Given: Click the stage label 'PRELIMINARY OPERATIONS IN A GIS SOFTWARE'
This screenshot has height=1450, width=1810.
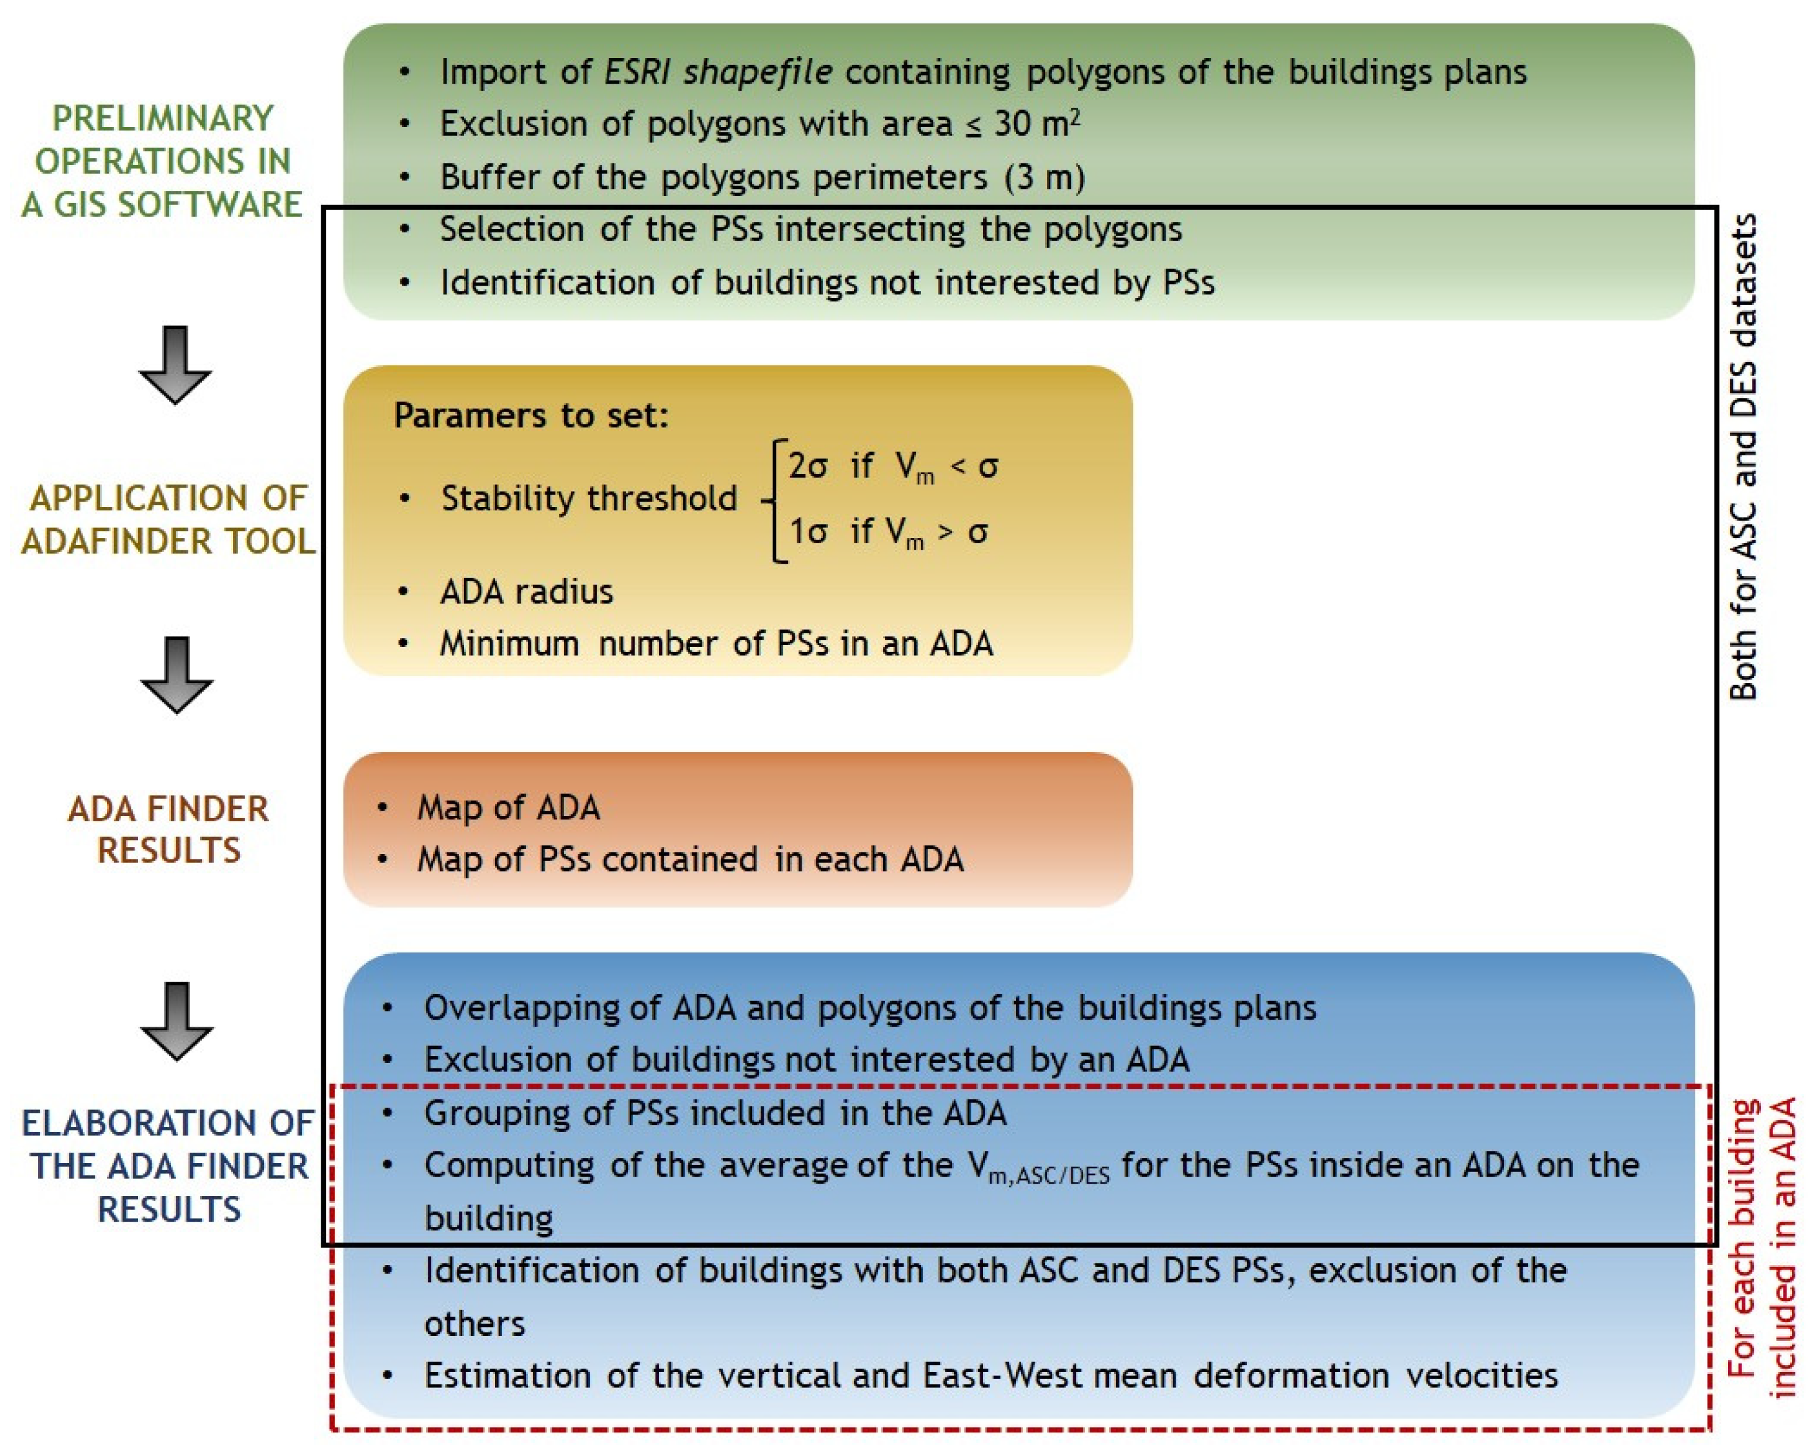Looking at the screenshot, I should coord(162,161).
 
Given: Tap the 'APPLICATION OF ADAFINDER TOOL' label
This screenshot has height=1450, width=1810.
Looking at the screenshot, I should coord(168,520).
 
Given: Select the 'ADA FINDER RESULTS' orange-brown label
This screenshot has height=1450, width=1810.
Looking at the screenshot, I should coord(169,829).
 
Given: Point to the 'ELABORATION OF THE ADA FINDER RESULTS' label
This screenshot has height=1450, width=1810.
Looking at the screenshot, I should coord(168,1166).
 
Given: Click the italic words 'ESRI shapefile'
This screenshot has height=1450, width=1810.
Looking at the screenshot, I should coord(718,72).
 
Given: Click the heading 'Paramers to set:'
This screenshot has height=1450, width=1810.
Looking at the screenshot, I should coord(531,416).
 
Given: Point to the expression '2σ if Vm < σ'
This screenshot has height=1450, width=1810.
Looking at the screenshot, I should coord(892,467).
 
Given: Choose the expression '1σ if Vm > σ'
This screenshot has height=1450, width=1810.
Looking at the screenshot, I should coord(888,532).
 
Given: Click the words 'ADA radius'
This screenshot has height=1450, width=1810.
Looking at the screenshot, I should coord(526,592).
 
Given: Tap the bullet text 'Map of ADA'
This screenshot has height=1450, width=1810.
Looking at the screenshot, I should coord(508,808).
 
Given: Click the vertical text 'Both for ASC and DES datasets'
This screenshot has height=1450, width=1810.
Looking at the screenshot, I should coord(1743,458).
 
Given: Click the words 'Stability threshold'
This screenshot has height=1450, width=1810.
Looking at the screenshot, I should coord(589,499).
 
